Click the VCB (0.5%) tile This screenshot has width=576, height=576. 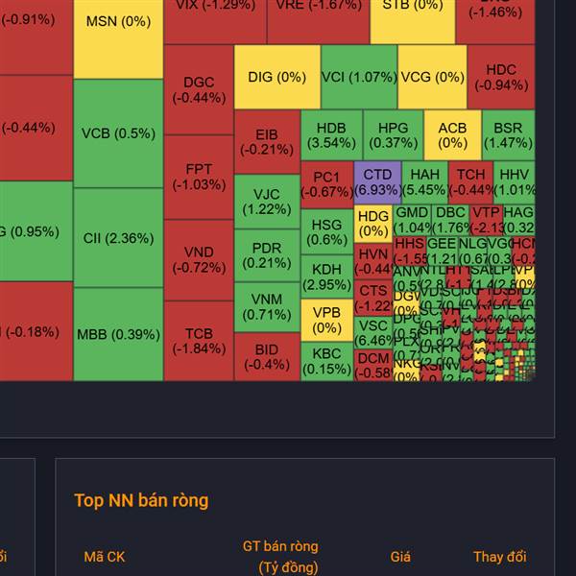pyautogui.click(x=118, y=133)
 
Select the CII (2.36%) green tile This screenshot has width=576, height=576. pyautogui.click(x=118, y=237)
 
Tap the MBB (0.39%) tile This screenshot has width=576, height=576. pyautogui.click(x=118, y=334)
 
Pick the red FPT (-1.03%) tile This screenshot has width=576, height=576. pyautogui.click(x=199, y=177)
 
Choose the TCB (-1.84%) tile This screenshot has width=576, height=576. pyautogui.click(x=199, y=341)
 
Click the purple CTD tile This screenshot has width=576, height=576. pyautogui.click(x=377, y=181)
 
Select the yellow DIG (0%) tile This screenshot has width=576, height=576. pyautogui.click(x=276, y=78)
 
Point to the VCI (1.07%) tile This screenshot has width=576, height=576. pyautogui.click(x=346, y=78)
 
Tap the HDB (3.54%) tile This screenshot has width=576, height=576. pyautogui.click(x=331, y=134)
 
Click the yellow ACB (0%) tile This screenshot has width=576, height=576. pyautogui.click(x=452, y=134)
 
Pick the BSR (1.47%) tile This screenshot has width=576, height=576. pyautogui.click(x=508, y=134)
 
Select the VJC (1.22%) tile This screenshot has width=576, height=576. pyautogui.click(x=267, y=202)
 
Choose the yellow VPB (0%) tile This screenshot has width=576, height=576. pyautogui.click(x=326, y=320)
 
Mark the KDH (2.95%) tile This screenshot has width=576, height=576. pyautogui.click(x=326, y=276)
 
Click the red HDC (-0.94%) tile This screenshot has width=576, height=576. pyautogui.click(x=500, y=77)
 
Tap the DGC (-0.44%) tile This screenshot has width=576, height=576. pyautogui.click(x=199, y=89)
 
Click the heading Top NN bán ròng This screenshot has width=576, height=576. pyautogui.click(x=141, y=500)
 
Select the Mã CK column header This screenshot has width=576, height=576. pyautogui.click(x=104, y=557)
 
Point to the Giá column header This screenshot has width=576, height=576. pyautogui.click(x=400, y=557)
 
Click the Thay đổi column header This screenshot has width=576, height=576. pyautogui.click(x=499, y=557)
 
